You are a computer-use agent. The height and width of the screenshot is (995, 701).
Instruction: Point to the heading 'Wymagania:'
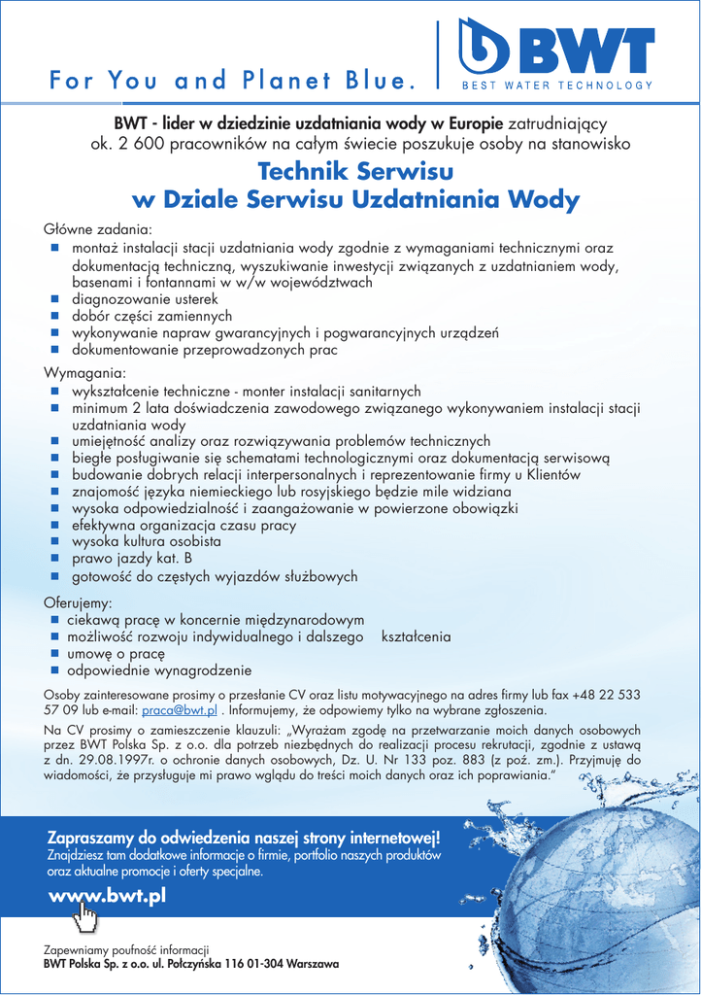click(85, 373)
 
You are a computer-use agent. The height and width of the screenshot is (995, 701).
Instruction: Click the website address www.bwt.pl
click(107, 895)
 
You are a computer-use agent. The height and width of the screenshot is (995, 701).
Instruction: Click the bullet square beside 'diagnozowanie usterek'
click(55, 299)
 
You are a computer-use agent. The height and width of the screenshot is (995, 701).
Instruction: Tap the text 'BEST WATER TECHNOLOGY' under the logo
click(556, 86)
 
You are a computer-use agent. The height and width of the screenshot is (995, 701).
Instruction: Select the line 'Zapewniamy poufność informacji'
click(127, 949)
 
